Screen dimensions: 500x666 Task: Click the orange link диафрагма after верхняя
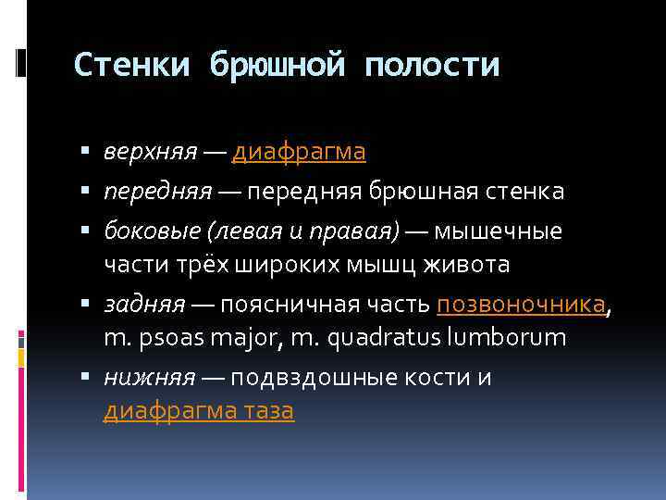click(299, 151)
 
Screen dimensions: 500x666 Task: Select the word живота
click(467, 265)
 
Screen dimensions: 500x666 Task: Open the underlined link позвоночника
click(522, 304)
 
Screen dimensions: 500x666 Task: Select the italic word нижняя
click(136, 377)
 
